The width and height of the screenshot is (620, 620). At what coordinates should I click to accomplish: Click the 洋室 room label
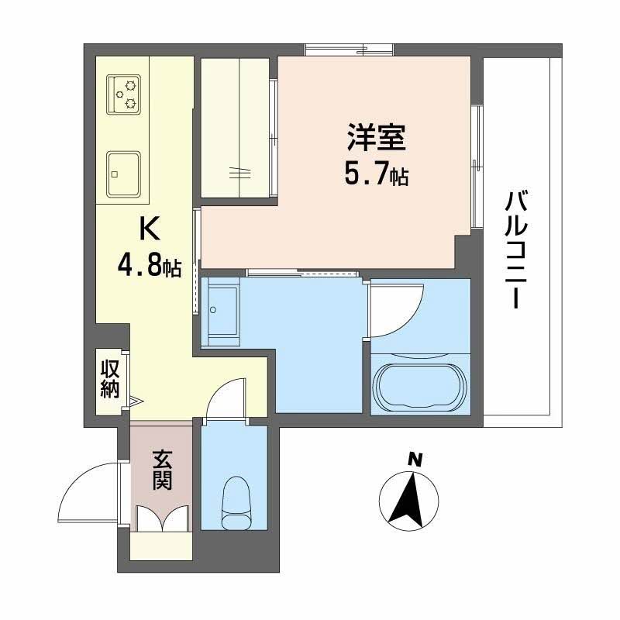tap(375, 140)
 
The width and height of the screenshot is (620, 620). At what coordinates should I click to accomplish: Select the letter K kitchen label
tap(149, 230)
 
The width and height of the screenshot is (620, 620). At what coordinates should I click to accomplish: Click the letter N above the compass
tap(415, 460)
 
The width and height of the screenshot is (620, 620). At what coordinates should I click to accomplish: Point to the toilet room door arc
tap(226, 398)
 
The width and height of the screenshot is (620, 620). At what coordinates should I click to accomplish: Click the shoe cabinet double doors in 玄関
tap(161, 518)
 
